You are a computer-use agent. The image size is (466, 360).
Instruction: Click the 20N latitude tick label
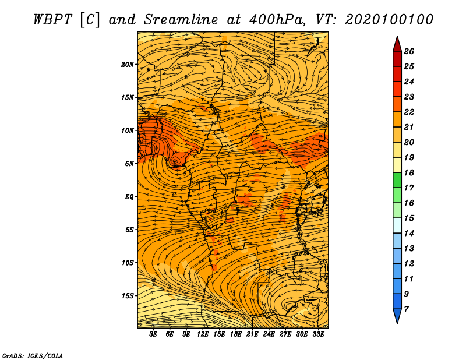click(x=128, y=65)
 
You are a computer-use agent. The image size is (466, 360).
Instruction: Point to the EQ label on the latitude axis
click(x=129, y=197)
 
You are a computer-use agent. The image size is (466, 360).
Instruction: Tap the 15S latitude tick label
click(x=128, y=296)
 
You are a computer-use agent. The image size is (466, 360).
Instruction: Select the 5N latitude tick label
click(x=129, y=164)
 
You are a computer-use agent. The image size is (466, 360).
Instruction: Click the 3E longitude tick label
click(x=153, y=334)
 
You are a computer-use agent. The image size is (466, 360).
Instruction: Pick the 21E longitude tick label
click(x=252, y=334)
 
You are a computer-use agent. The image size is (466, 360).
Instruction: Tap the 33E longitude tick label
click(x=318, y=334)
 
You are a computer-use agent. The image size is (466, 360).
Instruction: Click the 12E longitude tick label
click(x=203, y=334)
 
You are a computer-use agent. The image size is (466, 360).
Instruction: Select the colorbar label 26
click(x=409, y=51)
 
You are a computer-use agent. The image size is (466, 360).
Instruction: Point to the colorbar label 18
click(x=409, y=172)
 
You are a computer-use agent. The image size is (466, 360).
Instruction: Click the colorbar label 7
click(x=406, y=309)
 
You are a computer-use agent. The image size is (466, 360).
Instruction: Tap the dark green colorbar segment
click(x=397, y=180)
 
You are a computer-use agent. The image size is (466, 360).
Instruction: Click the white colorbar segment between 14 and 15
click(x=397, y=225)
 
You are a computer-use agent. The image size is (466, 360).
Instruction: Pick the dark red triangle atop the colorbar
click(x=397, y=44)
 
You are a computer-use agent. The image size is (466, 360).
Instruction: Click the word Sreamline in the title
click(x=181, y=20)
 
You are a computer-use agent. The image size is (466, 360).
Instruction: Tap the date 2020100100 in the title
click(x=389, y=20)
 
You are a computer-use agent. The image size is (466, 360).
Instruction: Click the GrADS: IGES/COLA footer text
click(x=33, y=356)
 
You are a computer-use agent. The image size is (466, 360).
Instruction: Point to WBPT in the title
click(x=52, y=20)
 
